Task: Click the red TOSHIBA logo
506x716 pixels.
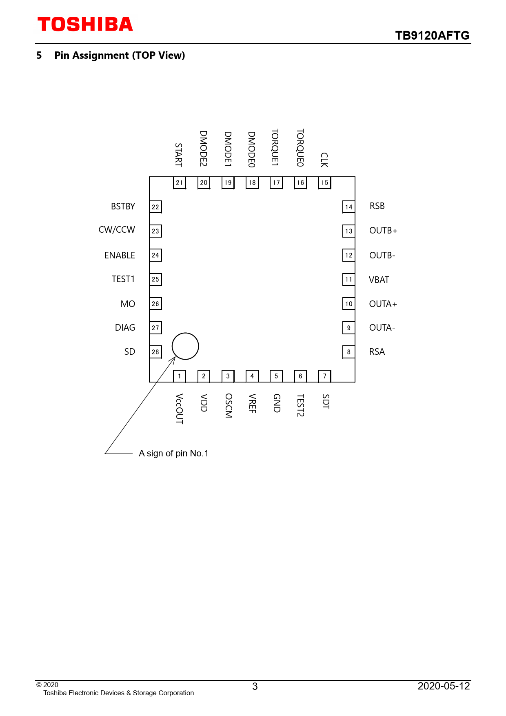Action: [x=85, y=24]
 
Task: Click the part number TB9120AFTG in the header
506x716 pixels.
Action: [x=432, y=36]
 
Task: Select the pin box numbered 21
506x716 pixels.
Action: [x=180, y=183]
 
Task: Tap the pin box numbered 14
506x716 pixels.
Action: [x=348, y=207]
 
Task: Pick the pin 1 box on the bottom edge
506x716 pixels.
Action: [x=180, y=376]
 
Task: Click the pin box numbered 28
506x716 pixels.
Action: [x=155, y=352]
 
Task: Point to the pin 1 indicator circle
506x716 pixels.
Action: [x=185, y=346]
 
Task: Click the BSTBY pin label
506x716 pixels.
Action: [x=123, y=207]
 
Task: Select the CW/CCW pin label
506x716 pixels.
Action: [x=117, y=230]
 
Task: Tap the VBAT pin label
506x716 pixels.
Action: [x=379, y=280]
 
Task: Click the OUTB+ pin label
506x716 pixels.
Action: [x=383, y=231]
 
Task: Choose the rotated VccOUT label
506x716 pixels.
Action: [x=179, y=409]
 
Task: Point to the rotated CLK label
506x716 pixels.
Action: [x=324, y=160]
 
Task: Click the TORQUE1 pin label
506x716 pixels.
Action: [x=275, y=147]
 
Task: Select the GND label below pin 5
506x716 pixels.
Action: [x=277, y=403]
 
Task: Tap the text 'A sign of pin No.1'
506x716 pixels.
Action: [x=173, y=454]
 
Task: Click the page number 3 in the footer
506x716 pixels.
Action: [x=255, y=687]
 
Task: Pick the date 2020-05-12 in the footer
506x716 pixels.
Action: [x=444, y=686]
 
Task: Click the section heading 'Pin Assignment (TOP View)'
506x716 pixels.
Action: [x=120, y=56]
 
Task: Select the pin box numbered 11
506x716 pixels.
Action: [x=348, y=280]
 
